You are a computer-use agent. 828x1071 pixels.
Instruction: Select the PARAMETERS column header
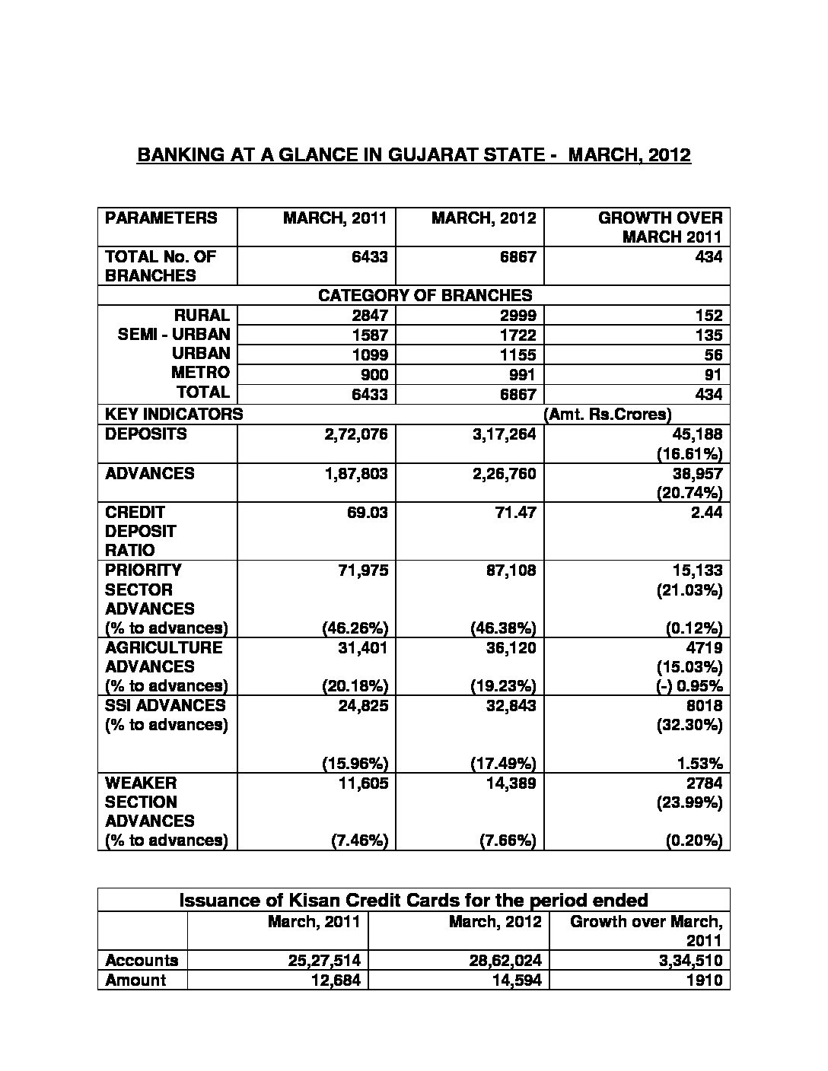161,218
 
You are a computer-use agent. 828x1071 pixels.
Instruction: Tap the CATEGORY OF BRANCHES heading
425,295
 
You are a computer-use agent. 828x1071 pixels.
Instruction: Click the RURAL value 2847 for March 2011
369,316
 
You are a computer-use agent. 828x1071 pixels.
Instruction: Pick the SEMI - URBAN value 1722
517,335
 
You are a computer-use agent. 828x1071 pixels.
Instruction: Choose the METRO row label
200,373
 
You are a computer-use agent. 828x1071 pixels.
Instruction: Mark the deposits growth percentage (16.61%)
689,454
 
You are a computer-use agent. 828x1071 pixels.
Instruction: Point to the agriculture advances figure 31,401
361,648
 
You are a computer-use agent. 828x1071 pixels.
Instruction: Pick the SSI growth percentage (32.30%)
689,725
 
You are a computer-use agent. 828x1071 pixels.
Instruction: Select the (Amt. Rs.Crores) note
607,415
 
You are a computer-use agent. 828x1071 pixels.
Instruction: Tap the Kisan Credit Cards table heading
413,901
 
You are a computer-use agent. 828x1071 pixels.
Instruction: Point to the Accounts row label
142,961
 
